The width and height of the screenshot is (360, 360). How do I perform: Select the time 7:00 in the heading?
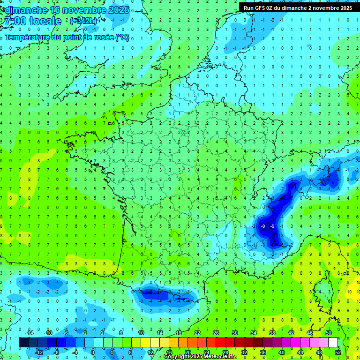15,21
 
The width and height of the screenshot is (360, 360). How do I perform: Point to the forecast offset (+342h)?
83,21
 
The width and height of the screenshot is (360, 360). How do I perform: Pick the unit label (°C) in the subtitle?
122,37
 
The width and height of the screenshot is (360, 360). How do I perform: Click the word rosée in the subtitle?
102,37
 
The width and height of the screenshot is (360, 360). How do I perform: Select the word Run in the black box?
248,8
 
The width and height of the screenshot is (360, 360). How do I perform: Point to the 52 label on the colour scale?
338,352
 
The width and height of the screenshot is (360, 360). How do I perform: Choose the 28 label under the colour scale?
225,352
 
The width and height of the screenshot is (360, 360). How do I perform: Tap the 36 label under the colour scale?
263,352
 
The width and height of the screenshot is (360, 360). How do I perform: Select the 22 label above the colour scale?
197,332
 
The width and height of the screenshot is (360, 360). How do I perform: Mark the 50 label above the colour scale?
329,332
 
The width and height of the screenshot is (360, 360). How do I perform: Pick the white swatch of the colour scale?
333,342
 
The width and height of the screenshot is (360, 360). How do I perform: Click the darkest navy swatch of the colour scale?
24,342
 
